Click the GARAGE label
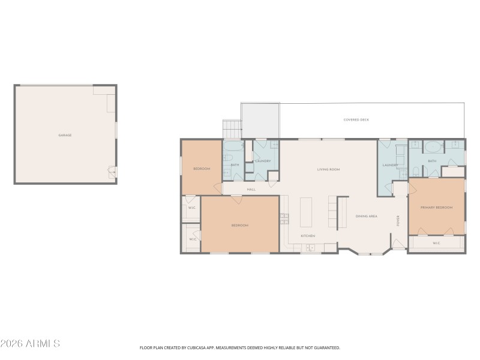65,135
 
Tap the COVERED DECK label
356,120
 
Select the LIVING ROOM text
328,170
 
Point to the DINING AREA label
366,216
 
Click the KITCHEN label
308,236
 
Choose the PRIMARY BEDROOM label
436,208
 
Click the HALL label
251,190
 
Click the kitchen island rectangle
306,212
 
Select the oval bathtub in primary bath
433,146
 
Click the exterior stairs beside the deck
232,129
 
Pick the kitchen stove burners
284,218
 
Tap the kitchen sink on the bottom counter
310,247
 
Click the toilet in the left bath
228,158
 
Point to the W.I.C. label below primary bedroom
436,243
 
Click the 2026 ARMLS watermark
30,344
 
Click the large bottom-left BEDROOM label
239,225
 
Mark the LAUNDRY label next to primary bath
391,165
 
